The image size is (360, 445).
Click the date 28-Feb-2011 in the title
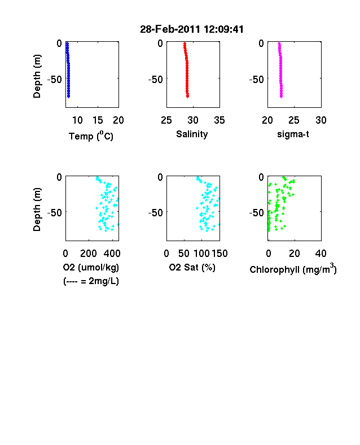tap(170, 29)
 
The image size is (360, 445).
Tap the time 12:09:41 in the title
tap(223, 29)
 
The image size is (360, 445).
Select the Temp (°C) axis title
tap(91, 136)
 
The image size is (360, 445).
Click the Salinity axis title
tap(192, 134)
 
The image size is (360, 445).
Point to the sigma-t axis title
tap(293, 134)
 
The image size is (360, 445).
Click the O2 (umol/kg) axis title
tap(91, 267)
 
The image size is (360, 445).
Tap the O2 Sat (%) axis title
tap(192, 267)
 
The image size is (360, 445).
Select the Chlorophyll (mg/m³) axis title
tap(293, 269)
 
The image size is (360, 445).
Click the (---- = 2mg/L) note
tap(91, 281)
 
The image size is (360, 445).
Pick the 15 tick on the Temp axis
tap(98, 120)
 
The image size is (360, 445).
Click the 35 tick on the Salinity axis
tap(219, 120)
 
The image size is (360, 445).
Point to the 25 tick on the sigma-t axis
tap(294, 120)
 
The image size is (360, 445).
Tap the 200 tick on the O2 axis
tap(89, 254)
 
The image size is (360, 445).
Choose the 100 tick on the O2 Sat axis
tap(202, 254)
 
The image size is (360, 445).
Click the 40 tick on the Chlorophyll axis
tap(321, 254)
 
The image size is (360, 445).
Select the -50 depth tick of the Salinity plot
tap(156, 80)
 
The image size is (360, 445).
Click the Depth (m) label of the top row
tap(37, 76)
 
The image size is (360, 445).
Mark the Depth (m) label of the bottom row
tap(37, 210)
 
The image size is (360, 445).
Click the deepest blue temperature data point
tap(68, 97)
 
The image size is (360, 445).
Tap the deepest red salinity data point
tap(188, 97)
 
